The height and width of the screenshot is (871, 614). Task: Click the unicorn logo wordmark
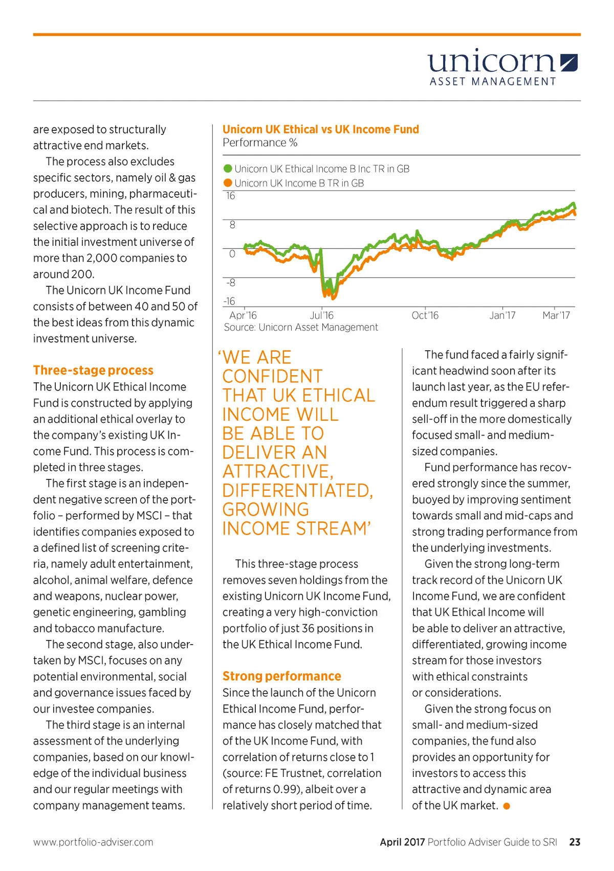click(491, 62)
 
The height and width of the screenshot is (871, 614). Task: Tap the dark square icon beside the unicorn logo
click(568, 62)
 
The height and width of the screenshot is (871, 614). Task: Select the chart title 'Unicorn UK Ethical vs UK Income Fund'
click(320, 129)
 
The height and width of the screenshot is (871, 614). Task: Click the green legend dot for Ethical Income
click(228, 169)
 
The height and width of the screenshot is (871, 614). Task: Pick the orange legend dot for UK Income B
click(228, 183)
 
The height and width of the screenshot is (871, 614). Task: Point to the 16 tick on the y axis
click(231, 196)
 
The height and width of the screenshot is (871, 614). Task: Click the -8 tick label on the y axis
click(231, 283)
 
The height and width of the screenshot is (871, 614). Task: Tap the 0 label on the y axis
click(232, 254)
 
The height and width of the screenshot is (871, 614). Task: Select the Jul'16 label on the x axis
click(321, 315)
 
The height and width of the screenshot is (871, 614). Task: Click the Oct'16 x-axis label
click(425, 315)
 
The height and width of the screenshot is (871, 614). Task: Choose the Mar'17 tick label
click(556, 315)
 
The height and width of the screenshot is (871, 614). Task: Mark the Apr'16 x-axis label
click(243, 315)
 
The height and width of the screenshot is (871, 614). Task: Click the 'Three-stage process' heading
click(93, 370)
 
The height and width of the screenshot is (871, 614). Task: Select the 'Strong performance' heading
click(281, 676)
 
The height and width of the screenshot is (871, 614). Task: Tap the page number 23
click(575, 842)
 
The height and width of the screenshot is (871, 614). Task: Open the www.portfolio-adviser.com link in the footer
click(93, 842)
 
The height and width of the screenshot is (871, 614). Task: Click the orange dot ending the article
click(507, 806)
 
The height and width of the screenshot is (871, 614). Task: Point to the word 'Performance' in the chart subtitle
click(254, 143)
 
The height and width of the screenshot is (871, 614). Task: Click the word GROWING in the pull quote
click(266, 510)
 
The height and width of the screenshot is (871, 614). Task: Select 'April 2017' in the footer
click(402, 842)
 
